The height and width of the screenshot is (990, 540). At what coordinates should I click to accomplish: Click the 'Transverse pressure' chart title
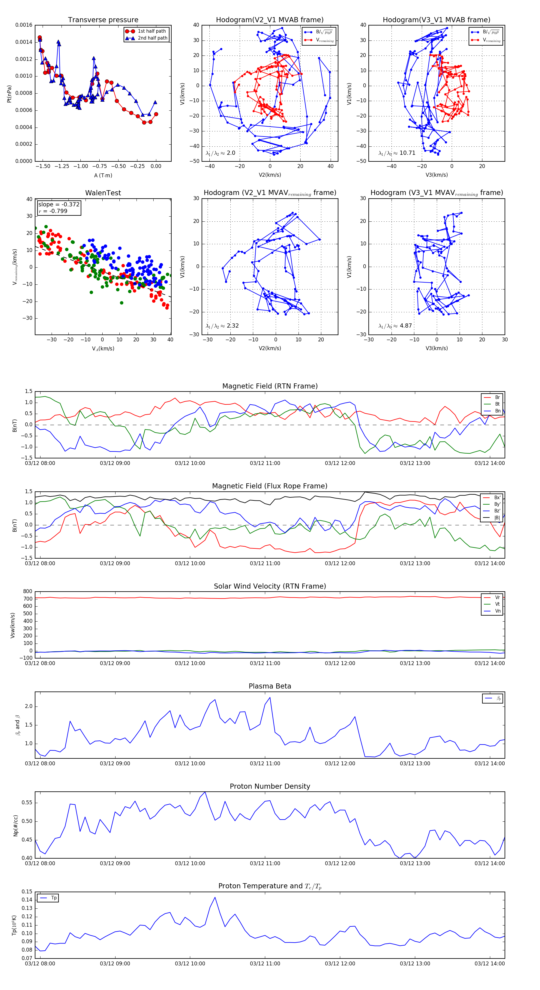click(x=103, y=20)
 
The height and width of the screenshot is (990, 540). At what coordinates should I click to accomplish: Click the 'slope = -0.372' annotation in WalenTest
click(x=59, y=205)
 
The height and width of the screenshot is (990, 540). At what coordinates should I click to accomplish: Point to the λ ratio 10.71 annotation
click(x=397, y=153)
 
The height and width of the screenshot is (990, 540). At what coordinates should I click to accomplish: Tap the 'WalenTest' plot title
click(x=103, y=193)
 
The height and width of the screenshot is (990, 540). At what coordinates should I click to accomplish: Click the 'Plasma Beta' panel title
click(x=270, y=686)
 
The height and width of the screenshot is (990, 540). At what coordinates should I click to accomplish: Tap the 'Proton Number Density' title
click(x=270, y=786)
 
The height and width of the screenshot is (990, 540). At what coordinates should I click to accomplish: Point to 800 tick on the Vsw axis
click(x=28, y=592)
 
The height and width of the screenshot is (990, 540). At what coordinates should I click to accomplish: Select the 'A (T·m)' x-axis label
click(x=103, y=175)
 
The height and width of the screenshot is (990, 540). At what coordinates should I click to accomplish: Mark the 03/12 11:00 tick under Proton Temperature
click(x=265, y=964)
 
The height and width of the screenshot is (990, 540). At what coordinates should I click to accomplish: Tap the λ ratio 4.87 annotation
click(x=395, y=326)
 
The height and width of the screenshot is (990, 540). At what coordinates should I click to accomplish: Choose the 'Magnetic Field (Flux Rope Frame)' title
click(x=270, y=486)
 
